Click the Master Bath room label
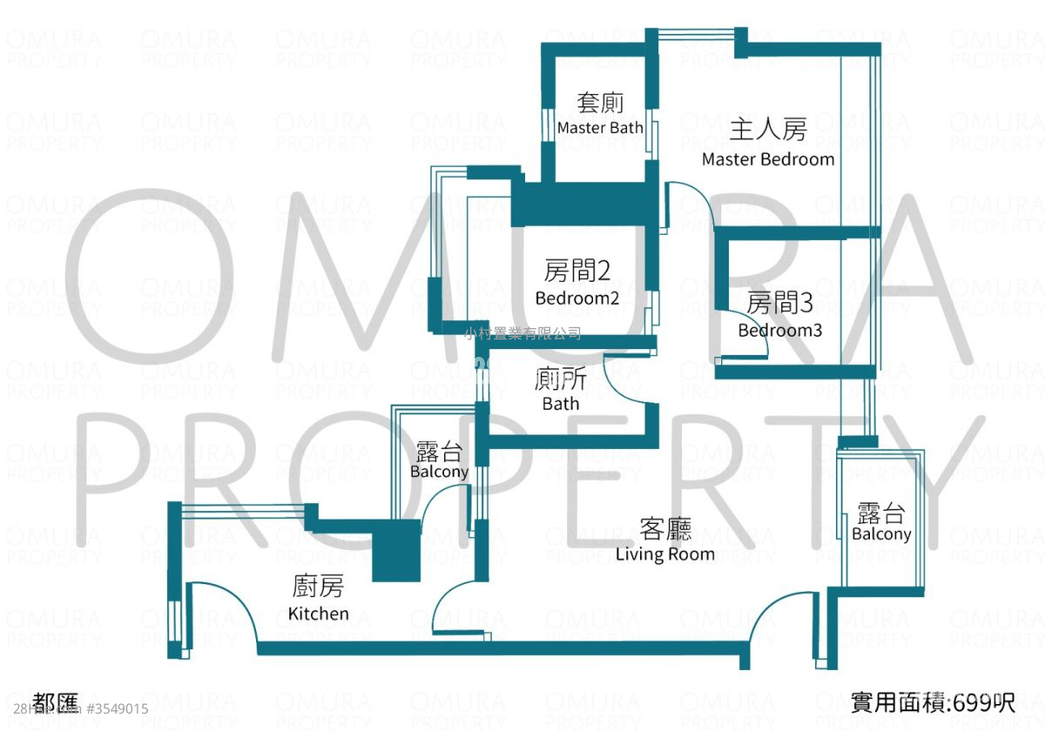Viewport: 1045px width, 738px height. pyautogui.click(x=600, y=128)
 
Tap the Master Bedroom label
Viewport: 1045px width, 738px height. pyautogui.click(x=768, y=159)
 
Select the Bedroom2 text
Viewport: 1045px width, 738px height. pyautogui.click(x=576, y=299)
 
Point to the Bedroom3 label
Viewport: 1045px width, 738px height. pyautogui.click(x=780, y=331)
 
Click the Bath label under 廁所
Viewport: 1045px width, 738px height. pyautogui.click(x=560, y=404)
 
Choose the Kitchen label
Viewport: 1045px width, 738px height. pyautogui.click(x=318, y=614)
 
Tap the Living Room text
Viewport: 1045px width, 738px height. pyautogui.click(x=664, y=553)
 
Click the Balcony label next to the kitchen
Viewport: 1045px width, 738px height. pyautogui.click(x=439, y=472)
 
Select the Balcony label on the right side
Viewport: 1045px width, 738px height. pyautogui.click(x=881, y=534)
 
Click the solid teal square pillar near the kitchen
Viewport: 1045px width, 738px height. pyautogui.click(x=396, y=552)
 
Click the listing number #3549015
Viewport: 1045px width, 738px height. pyautogui.click(x=118, y=709)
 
